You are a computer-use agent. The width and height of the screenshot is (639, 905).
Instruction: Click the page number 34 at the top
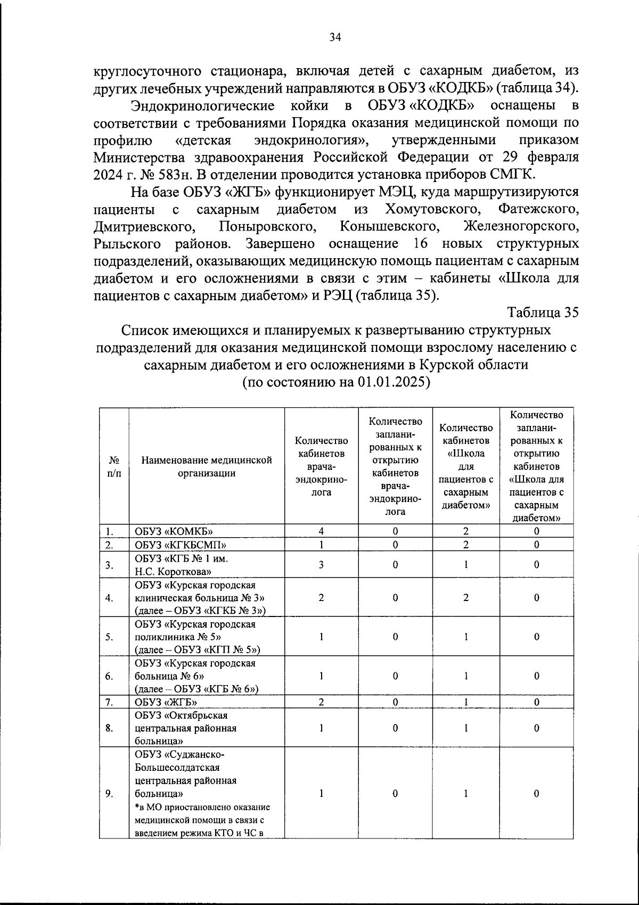[335, 37]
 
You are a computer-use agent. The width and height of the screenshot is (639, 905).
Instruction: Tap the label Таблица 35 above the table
[543, 312]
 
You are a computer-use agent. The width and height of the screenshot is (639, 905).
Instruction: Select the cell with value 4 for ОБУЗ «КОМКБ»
[321, 531]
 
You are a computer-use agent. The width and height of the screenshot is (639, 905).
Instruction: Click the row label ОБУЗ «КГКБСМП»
[181, 545]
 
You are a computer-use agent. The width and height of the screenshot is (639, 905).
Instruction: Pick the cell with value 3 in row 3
[321, 565]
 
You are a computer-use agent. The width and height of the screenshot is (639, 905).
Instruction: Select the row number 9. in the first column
[109, 793]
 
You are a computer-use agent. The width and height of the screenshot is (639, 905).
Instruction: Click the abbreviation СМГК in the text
[515, 174]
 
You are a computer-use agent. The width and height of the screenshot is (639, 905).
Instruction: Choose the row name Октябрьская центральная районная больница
[185, 728]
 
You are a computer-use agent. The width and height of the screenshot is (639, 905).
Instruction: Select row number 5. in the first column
[109, 637]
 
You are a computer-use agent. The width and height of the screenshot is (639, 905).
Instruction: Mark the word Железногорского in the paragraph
[521, 226]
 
